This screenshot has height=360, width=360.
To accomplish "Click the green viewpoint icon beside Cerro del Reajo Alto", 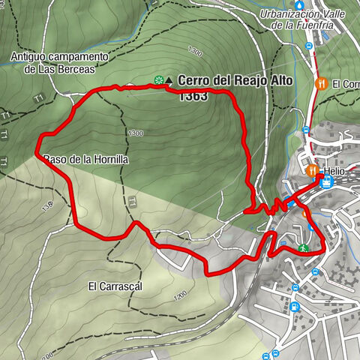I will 158,79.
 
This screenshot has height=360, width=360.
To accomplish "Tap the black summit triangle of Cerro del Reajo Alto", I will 169,79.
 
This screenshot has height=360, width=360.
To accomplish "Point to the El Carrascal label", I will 110,286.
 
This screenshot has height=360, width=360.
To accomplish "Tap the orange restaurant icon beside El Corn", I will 321,83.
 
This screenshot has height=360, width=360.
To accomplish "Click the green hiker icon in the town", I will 302,247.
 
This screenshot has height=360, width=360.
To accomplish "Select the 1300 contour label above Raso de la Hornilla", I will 136,133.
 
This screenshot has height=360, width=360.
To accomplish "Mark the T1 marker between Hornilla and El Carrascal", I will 131,200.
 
